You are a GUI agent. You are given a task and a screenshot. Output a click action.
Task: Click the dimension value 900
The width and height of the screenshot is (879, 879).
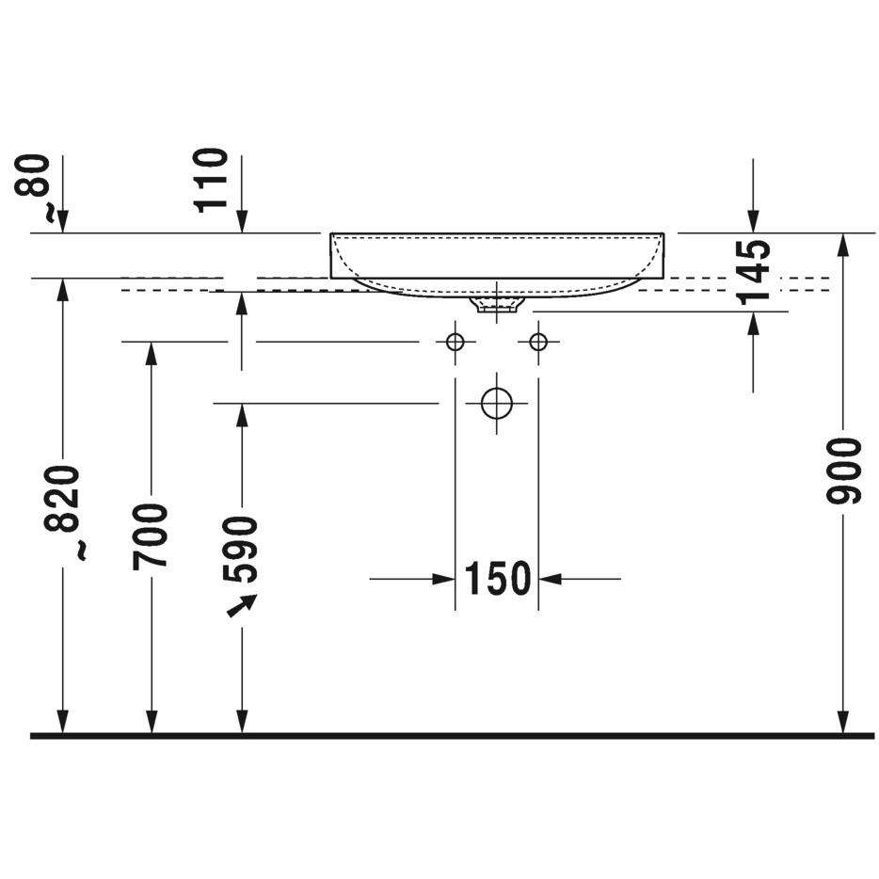tap(843, 471)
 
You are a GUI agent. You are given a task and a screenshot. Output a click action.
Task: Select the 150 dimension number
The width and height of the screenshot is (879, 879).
tap(497, 578)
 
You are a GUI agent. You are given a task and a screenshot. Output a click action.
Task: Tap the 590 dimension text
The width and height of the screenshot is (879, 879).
tap(240, 550)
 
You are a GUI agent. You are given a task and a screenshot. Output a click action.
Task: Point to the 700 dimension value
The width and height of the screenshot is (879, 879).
tap(151, 535)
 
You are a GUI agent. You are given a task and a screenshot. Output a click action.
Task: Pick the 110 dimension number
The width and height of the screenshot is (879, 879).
tap(212, 180)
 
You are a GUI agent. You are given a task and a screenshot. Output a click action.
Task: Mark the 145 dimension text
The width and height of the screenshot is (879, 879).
tap(754, 272)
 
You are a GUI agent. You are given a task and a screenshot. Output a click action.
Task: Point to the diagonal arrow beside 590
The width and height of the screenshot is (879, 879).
tap(242, 605)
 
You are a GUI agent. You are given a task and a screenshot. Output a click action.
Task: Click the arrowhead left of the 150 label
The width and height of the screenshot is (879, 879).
tap(443, 579)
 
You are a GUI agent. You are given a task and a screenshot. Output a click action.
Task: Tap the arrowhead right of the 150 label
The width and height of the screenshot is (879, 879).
tap(550, 579)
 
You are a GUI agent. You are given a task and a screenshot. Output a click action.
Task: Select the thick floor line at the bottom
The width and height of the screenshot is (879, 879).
tap(452, 736)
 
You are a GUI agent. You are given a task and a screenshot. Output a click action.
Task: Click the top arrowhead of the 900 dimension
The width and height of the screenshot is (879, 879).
tap(842, 245)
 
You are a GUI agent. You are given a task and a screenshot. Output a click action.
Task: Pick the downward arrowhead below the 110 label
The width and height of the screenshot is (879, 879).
tap(242, 221)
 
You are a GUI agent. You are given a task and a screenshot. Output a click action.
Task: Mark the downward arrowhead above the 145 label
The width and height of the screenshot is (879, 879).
tap(754, 221)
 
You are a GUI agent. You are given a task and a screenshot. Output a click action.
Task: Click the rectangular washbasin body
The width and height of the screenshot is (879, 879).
tap(497, 255)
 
